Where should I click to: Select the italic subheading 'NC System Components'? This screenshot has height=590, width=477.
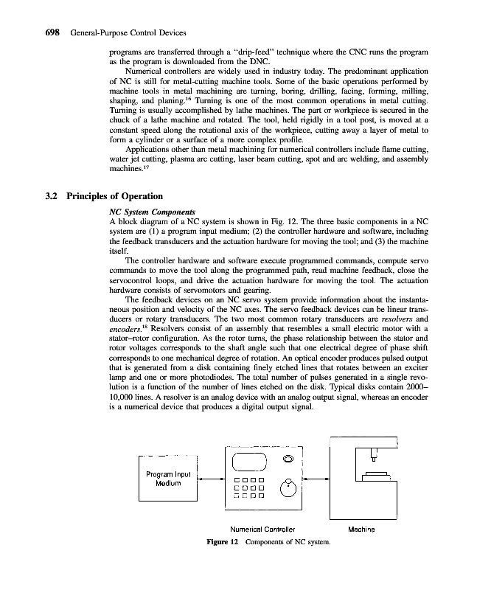[x=147, y=210]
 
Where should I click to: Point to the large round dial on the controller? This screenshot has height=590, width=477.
[x=289, y=487]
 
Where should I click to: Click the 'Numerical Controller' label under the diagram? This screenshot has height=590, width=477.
[x=263, y=530]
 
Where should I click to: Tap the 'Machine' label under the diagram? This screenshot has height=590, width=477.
[x=361, y=530]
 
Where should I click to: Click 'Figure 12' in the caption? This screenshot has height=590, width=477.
[x=223, y=543]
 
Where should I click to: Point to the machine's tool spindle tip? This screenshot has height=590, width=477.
[x=373, y=460]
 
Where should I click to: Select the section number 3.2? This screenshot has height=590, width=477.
[x=53, y=196]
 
